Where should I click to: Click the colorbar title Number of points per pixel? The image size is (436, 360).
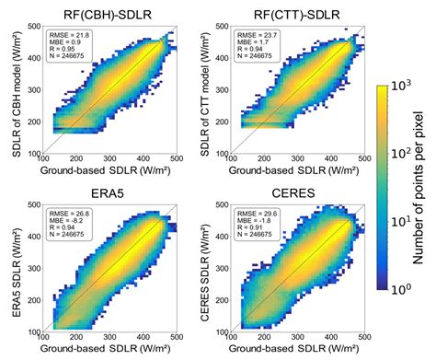click(x=424, y=180)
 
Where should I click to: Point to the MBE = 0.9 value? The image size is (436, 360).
click(x=64, y=41)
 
